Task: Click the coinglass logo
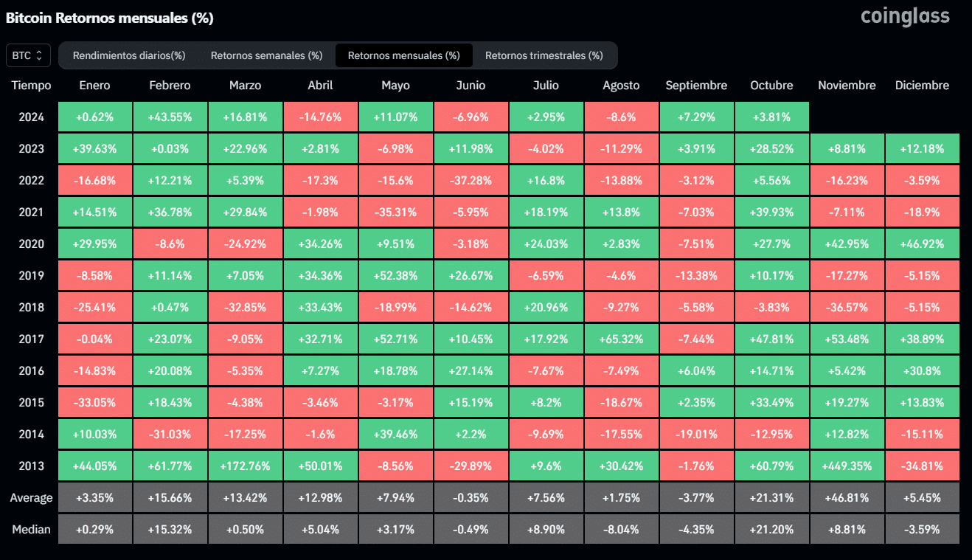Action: [x=905, y=16]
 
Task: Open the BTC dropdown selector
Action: [x=29, y=55]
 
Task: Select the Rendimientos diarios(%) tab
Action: [x=128, y=55]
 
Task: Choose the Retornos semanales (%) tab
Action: [x=266, y=55]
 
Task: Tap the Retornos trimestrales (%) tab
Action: [x=544, y=55]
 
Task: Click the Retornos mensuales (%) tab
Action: [x=403, y=55]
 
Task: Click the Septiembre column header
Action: [x=695, y=86]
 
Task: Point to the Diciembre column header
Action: [x=922, y=86]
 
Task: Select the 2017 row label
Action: [x=31, y=339]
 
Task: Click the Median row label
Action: [x=31, y=529]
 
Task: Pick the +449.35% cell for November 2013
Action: [x=847, y=466]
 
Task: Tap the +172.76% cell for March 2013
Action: [x=245, y=466]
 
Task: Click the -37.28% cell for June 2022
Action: [x=471, y=181]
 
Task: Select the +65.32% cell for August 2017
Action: [x=621, y=339]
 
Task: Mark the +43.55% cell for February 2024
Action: [x=170, y=117]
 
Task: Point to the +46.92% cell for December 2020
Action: [x=922, y=244]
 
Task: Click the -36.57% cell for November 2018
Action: [x=847, y=308]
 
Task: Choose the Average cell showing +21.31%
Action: [x=771, y=497]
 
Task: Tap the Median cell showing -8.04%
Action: [x=621, y=529]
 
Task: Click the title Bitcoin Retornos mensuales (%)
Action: [x=109, y=18]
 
